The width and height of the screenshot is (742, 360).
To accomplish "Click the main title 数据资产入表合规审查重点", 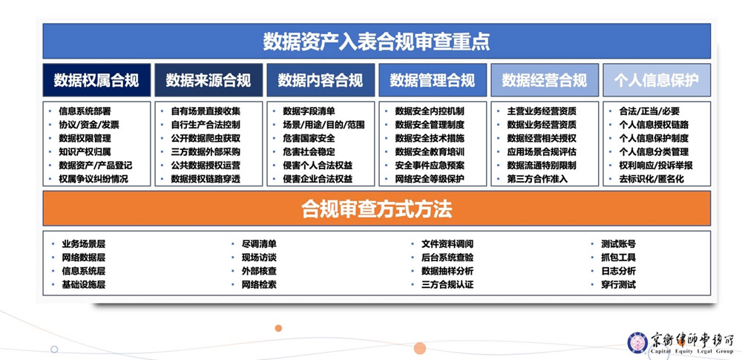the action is [x=376, y=42].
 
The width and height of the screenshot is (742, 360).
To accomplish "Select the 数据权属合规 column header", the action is [x=96, y=80].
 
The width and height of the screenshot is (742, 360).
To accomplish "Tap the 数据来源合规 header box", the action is [x=209, y=80].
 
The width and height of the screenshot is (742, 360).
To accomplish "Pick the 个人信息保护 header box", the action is [x=657, y=80].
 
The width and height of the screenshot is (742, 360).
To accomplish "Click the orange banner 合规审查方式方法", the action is [x=376, y=209].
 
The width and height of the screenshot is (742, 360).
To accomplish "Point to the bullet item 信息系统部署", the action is [x=85, y=111].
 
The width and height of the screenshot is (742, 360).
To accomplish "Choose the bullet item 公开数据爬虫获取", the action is [x=206, y=139].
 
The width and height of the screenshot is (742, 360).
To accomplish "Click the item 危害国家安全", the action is [x=309, y=139].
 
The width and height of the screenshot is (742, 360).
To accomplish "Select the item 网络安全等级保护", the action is [x=430, y=180].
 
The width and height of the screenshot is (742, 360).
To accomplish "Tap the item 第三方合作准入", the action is [x=537, y=180].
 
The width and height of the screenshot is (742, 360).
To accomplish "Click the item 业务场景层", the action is [x=83, y=244].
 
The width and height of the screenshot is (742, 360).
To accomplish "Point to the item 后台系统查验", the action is [x=447, y=258].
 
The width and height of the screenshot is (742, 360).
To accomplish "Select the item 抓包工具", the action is [x=619, y=258].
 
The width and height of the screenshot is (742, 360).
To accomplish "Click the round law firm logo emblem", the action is [x=637, y=343].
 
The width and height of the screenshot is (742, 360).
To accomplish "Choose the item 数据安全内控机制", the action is [x=430, y=111].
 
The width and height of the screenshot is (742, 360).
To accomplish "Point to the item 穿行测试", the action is [x=619, y=285].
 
